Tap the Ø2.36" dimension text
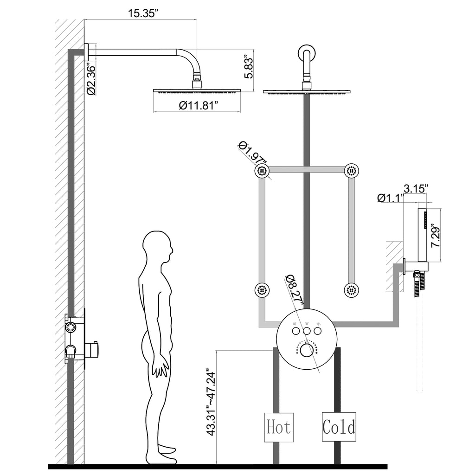(x=91, y=80)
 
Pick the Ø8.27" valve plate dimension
(x=294, y=290)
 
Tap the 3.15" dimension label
(x=416, y=188)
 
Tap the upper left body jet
(x=262, y=171)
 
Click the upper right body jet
(x=352, y=171)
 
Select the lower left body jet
(x=262, y=291)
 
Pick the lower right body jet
(x=352, y=291)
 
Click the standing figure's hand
(x=160, y=366)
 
